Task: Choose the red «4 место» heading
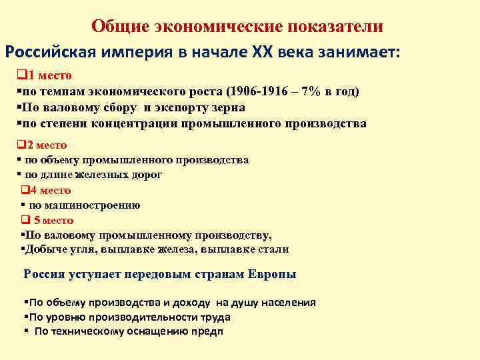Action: coord(51,190)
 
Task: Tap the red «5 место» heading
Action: coord(53,220)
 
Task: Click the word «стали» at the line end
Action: coord(275,249)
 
